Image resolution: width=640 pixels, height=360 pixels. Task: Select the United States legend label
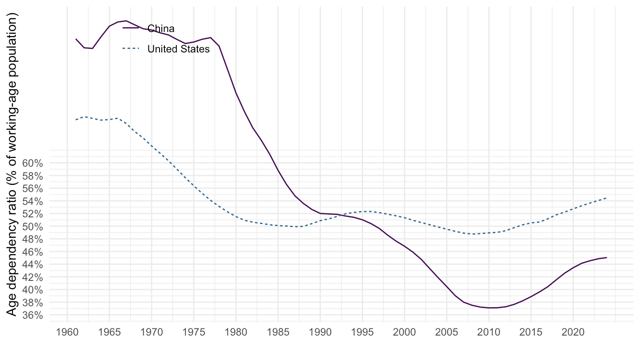(178, 49)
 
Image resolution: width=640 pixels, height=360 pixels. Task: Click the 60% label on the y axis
(32, 164)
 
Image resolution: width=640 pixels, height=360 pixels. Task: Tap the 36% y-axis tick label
(32, 315)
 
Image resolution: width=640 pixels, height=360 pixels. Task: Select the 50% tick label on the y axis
(32, 227)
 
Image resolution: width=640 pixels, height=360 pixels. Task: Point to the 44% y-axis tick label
(32, 264)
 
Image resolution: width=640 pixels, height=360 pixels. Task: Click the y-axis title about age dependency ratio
(13, 164)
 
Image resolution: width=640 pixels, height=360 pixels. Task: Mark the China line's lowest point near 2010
(489, 308)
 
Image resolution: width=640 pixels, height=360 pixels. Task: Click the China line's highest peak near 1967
(126, 21)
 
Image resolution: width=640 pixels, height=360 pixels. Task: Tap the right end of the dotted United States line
(607, 198)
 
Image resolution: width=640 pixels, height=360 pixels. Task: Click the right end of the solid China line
(607, 257)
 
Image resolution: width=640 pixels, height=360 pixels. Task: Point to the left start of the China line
(76, 39)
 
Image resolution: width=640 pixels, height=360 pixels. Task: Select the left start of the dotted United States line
(76, 120)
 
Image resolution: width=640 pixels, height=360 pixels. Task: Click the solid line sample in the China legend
(131, 28)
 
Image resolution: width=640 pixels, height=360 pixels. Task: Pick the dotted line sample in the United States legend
(131, 49)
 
